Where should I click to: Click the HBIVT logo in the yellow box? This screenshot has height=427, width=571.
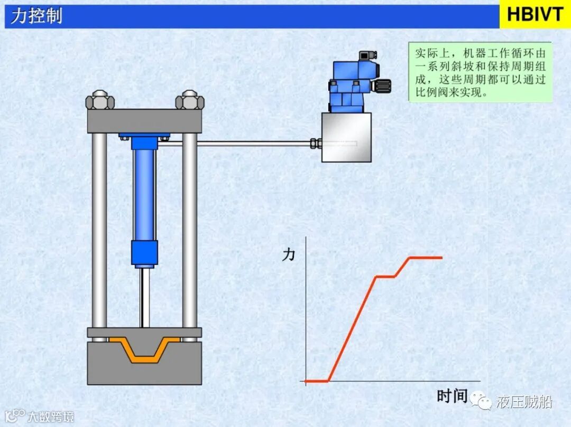[535, 14]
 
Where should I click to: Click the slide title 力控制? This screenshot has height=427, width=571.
[36, 16]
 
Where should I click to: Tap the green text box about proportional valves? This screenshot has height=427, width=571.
[480, 73]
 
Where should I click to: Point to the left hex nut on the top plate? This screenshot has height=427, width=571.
[100, 100]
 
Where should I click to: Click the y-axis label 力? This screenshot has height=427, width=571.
[289, 255]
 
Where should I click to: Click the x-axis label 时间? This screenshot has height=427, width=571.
[453, 396]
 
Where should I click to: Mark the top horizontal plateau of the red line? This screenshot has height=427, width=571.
[426, 258]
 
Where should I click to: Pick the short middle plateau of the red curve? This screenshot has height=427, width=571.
[385, 276]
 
